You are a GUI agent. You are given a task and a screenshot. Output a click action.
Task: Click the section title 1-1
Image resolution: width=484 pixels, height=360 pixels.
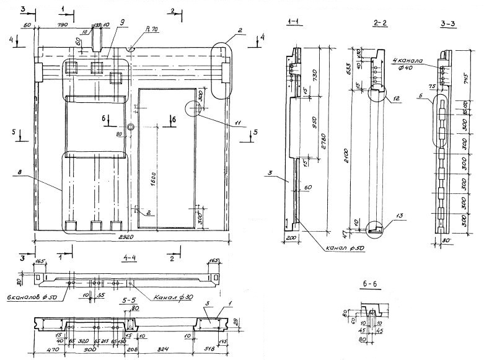tap(294, 22)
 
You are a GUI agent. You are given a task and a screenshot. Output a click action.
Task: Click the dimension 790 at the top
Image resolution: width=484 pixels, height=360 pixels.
tap(63, 25)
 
